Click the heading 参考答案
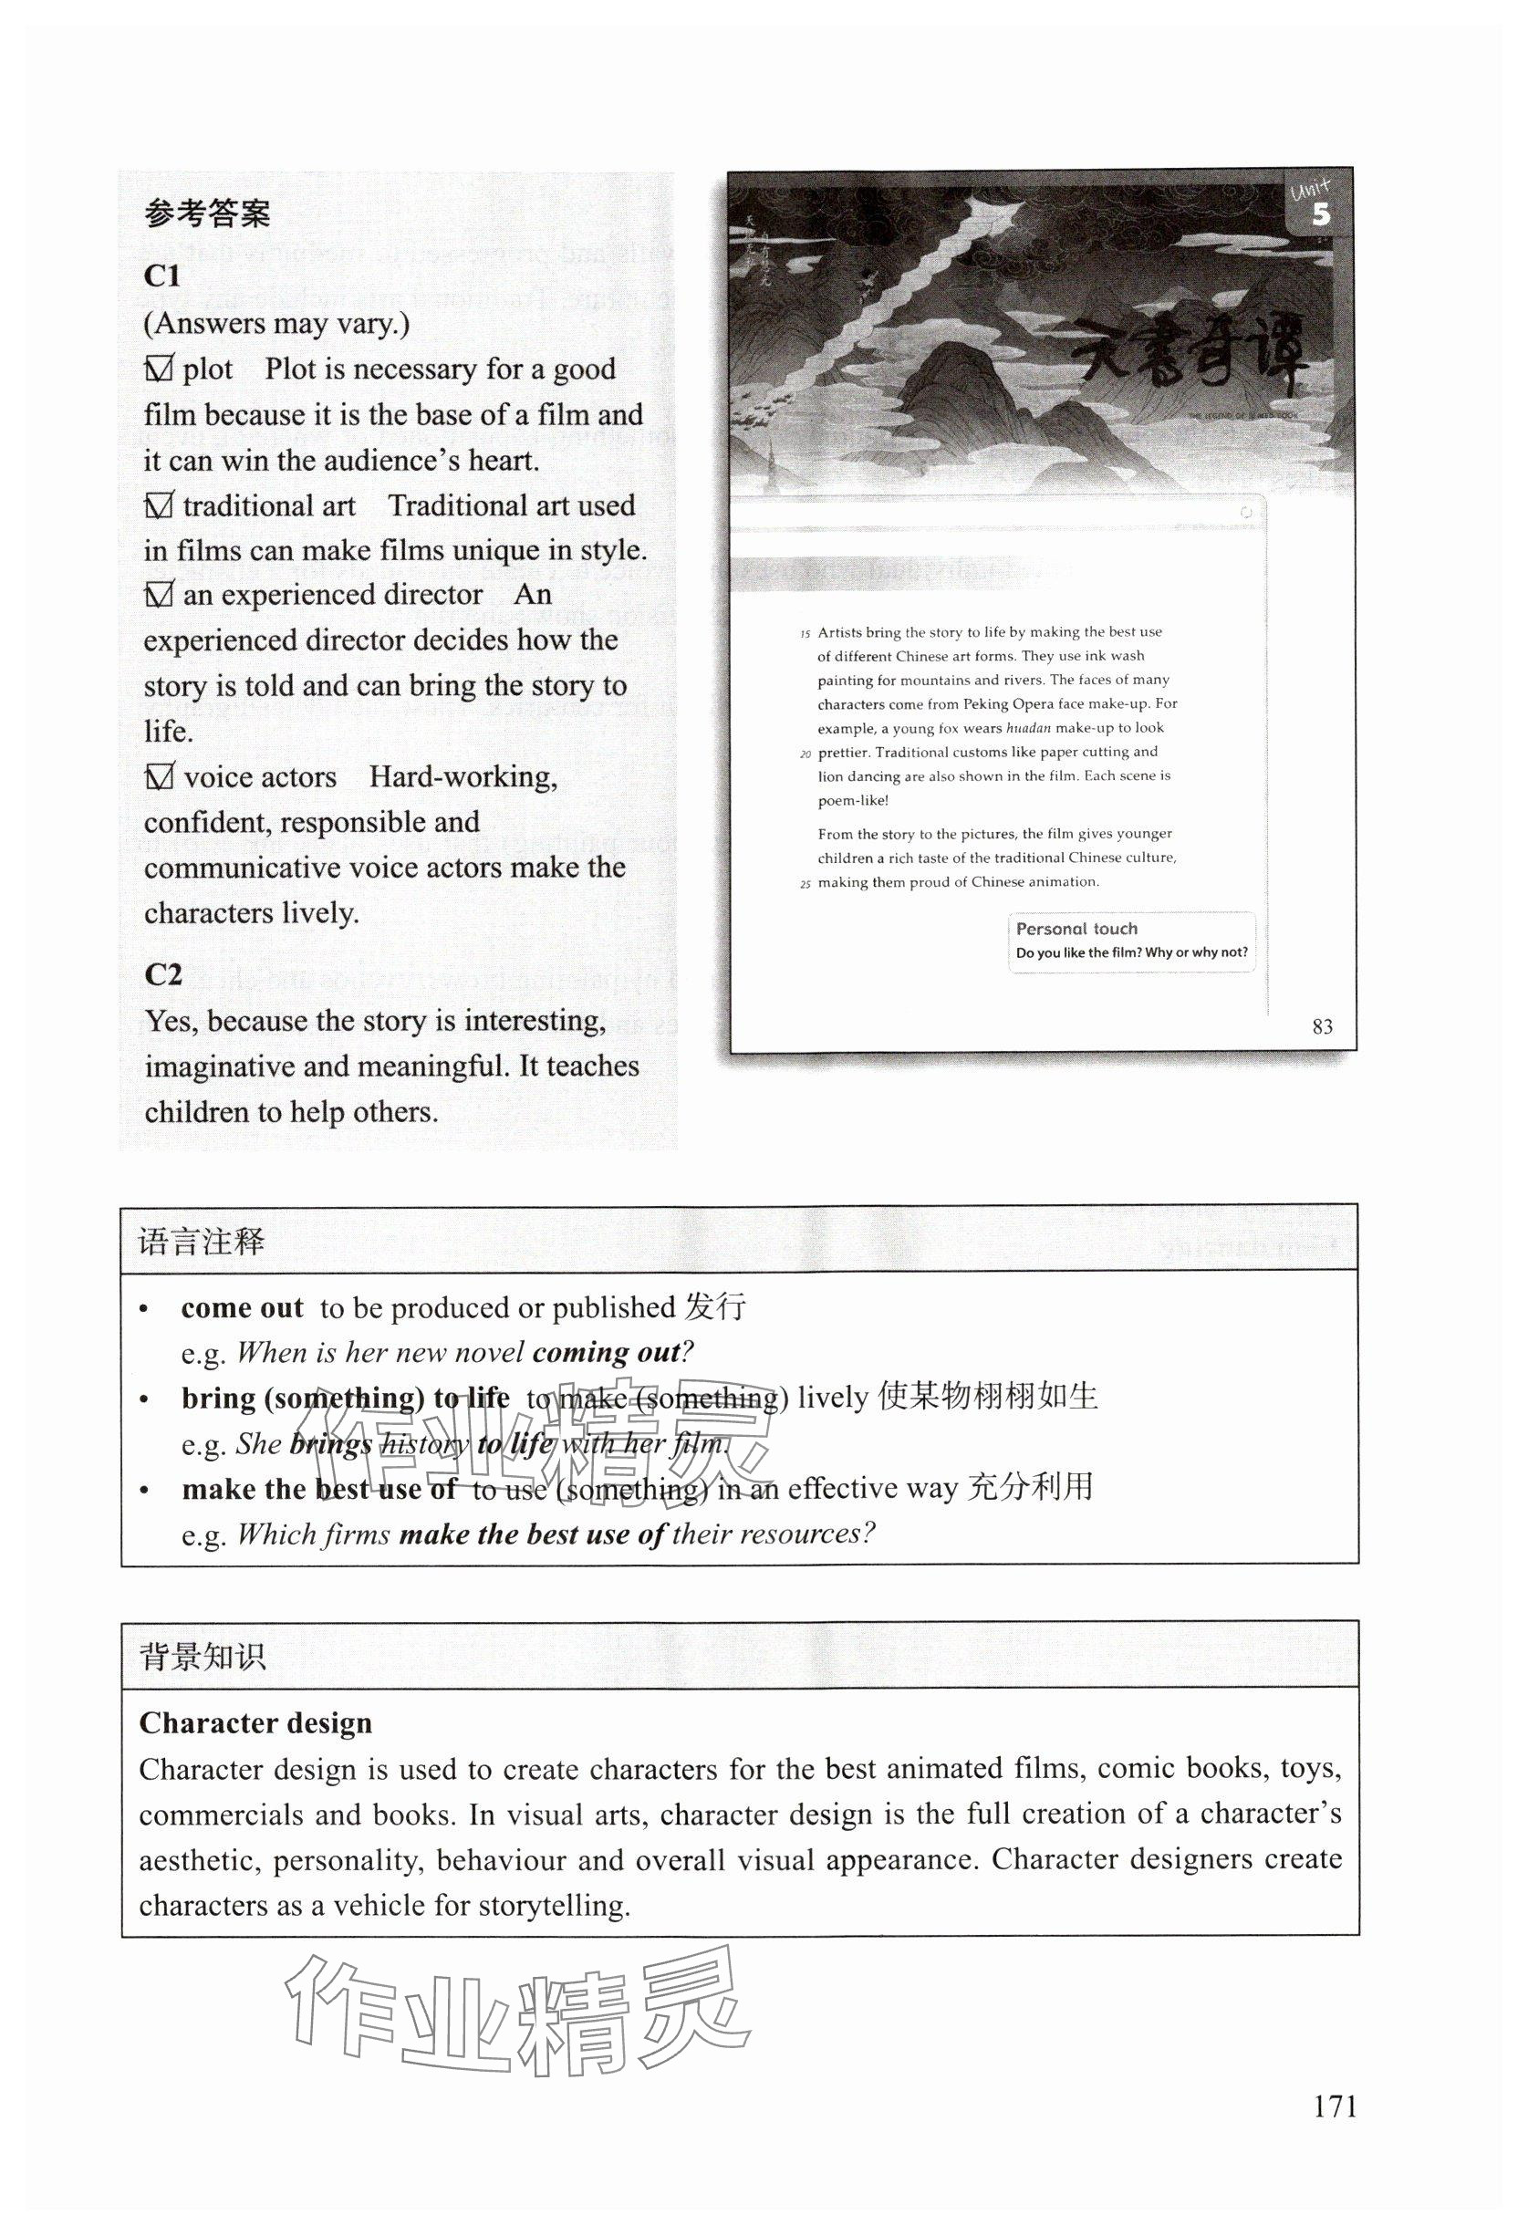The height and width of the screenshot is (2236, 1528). click(x=207, y=213)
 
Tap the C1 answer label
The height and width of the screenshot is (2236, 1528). click(x=161, y=276)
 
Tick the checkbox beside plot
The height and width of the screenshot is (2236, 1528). click(x=158, y=369)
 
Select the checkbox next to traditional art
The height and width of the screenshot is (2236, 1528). click(x=158, y=505)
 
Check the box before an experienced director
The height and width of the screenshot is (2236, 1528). click(x=158, y=596)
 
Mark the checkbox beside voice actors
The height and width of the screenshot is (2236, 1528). click(x=158, y=776)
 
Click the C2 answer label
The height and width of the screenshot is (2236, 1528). click(x=162, y=974)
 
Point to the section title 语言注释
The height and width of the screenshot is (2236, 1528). click(x=200, y=1243)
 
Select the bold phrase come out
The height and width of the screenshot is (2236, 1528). click(x=242, y=1308)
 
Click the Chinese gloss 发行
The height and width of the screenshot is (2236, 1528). click(x=715, y=1307)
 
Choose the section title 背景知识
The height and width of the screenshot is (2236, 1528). click(x=203, y=1657)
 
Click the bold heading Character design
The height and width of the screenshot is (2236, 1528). click(x=255, y=1723)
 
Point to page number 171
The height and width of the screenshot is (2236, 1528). click(x=1335, y=2107)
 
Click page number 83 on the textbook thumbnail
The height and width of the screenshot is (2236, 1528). click(x=1322, y=1026)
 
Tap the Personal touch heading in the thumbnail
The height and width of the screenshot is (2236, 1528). click(x=1076, y=929)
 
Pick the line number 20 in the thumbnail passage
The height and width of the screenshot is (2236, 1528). click(x=806, y=754)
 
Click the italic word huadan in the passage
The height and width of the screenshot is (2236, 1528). click(x=1028, y=728)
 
